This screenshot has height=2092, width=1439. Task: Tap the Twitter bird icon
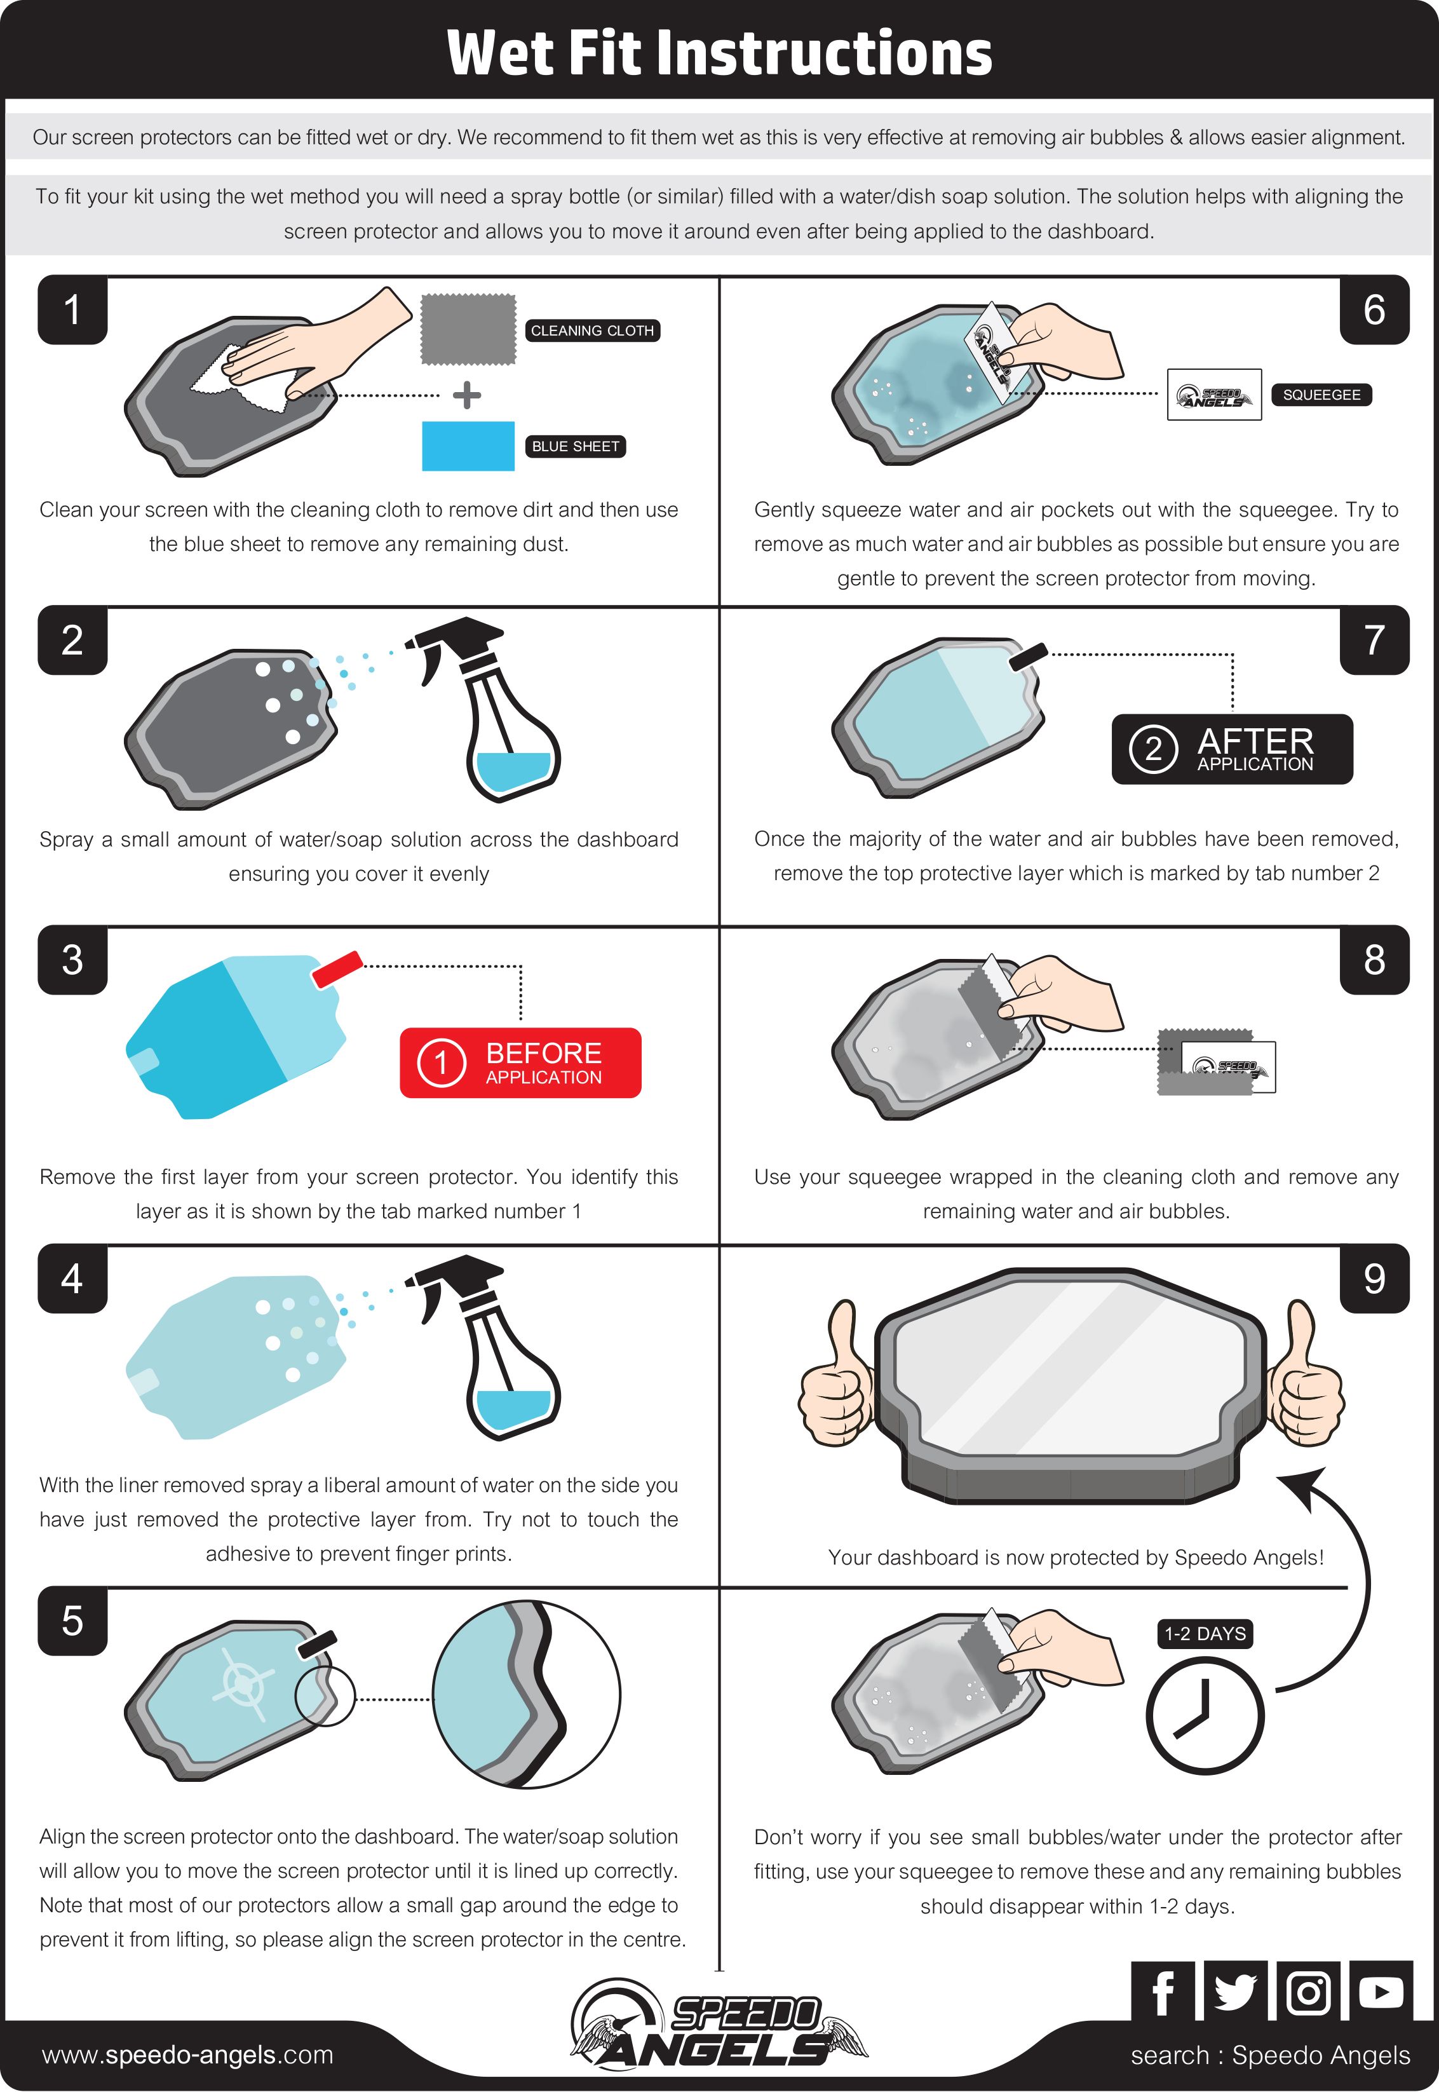tap(1235, 1991)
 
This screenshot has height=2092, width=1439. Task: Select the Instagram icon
tap(1308, 1991)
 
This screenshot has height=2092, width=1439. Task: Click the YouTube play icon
tap(1381, 1991)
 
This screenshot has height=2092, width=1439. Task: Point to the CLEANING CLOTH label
tap(592, 331)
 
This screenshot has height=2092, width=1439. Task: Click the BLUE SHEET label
tap(575, 446)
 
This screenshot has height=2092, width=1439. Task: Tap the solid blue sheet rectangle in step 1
tap(468, 445)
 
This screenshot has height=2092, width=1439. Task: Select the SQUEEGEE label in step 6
tap(1321, 395)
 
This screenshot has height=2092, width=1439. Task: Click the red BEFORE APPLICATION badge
tap(520, 1063)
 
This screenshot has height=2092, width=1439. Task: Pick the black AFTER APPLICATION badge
tap(1232, 749)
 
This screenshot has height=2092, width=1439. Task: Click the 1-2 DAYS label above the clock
tap(1205, 1634)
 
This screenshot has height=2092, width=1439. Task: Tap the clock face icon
tap(1205, 1715)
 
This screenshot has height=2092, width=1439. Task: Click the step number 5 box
tap(72, 1620)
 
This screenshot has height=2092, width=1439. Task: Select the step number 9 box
tap(1374, 1278)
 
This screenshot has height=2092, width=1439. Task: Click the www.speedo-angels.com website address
tap(187, 2055)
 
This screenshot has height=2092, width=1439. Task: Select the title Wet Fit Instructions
tap(719, 52)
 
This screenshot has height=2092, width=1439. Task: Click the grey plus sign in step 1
tap(466, 395)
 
